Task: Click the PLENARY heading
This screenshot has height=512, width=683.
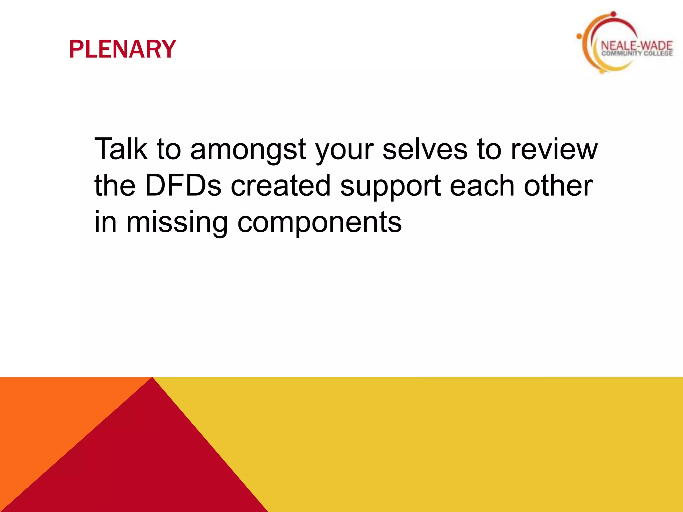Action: coord(122,49)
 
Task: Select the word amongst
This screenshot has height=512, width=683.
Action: coord(248,149)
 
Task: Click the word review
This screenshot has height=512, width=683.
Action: coord(554,149)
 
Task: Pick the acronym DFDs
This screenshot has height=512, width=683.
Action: coord(183,185)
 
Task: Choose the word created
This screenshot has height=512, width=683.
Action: coord(280,185)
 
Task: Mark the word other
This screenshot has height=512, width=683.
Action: coord(558,185)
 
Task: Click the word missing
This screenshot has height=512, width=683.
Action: coord(177,223)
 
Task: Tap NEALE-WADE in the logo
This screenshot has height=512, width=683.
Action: coord(636,46)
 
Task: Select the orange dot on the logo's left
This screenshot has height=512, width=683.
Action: coord(579,36)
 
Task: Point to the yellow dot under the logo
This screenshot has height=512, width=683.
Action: coord(602,71)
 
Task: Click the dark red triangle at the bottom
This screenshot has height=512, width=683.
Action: coord(147,460)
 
